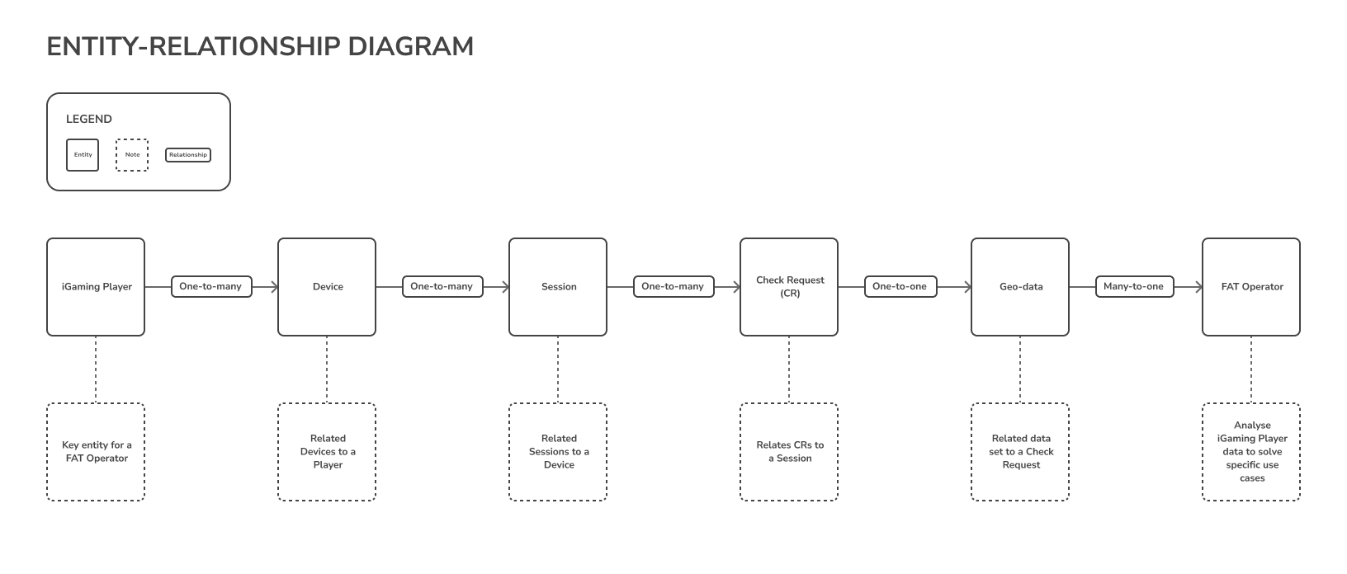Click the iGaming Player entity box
[96, 287]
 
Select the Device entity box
[327, 287]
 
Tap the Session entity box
[558, 287]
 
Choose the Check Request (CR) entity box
[789, 287]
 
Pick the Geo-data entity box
[1020, 287]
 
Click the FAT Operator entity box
[1250, 287]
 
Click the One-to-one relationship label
[900, 287]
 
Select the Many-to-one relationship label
[1134, 287]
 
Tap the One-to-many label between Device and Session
[442, 287]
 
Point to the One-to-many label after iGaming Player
[211, 287]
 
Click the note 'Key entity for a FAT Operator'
[96, 452]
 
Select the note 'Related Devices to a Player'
[327, 452]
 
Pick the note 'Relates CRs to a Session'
[789, 452]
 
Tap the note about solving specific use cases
[1250, 452]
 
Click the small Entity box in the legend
[83, 155]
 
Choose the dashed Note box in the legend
[132, 155]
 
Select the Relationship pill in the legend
[188, 155]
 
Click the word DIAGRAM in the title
[411, 47]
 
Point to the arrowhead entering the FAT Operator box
[1199, 287]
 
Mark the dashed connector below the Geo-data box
[1020, 369]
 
